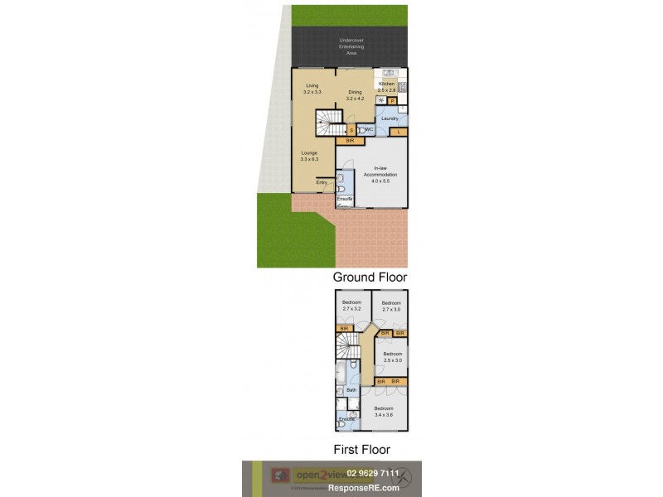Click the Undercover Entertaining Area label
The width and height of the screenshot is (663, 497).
click(x=350, y=46)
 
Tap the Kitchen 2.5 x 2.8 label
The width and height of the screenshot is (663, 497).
click(x=387, y=87)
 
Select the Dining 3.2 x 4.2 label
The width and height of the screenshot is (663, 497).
click(x=355, y=95)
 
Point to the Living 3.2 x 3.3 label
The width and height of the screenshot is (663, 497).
click(x=312, y=89)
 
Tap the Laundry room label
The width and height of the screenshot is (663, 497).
click(x=390, y=118)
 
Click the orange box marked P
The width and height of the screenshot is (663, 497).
click(x=393, y=100)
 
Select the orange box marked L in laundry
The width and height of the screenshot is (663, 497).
click(x=399, y=132)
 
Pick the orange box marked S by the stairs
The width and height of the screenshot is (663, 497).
click(x=351, y=131)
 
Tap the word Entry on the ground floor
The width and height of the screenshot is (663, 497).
click(x=322, y=182)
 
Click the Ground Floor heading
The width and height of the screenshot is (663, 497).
click(x=370, y=277)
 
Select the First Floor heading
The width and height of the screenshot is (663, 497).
click(x=362, y=450)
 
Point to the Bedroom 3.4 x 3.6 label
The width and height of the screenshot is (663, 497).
click(x=384, y=412)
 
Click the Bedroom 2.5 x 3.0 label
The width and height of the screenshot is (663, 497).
click(x=392, y=356)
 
